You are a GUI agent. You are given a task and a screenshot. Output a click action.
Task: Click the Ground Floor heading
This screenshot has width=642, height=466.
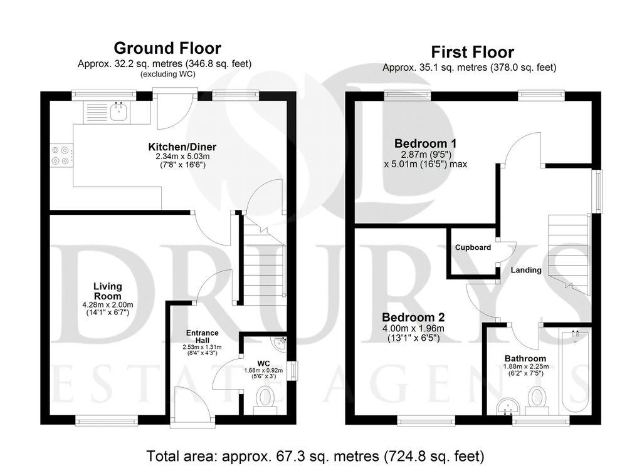pyautogui.click(x=167, y=48)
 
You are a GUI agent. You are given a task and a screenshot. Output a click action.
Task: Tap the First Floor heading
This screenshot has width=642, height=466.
pyautogui.click(x=473, y=53)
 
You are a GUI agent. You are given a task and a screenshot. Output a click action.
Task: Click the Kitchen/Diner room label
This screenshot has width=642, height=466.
pyautogui.click(x=182, y=147)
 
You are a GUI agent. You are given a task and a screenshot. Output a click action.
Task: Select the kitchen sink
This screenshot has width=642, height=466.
pyautogui.click(x=118, y=111)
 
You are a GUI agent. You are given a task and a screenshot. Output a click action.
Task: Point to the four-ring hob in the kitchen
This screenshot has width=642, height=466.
pyautogui.click(x=61, y=155)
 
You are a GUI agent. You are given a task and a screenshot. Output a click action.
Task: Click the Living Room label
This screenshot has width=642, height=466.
pyautogui.click(x=108, y=291)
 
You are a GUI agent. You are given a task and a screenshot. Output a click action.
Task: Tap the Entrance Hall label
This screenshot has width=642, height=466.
pyautogui.click(x=203, y=337)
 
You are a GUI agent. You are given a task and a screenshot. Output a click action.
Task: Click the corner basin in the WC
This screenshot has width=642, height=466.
pyautogui.click(x=280, y=343)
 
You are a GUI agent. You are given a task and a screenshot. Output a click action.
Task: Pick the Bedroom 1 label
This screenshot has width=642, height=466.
pyautogui.click(x=426, y=143)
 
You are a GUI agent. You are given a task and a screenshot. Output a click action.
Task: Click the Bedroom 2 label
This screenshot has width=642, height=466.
pyautogui.click(x=413, y=318)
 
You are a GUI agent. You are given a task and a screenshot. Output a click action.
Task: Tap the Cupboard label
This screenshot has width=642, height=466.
pyautogui.click(x=473, y=247)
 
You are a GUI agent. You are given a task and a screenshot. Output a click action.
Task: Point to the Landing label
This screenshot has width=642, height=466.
pyautogui.click(x=526, y=270)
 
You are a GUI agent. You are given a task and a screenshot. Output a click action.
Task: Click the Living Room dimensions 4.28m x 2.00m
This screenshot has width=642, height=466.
pyautogui.click(x=108, y=305)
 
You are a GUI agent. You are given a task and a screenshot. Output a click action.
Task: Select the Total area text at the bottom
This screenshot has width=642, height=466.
pyautogui.click(x=315, y=456)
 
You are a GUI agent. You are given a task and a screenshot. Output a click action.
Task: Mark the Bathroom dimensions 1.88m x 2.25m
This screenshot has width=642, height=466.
pyautogui.click(x=526, y=366)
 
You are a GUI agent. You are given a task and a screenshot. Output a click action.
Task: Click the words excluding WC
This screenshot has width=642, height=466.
pyautogui.click(x=168, y=75)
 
